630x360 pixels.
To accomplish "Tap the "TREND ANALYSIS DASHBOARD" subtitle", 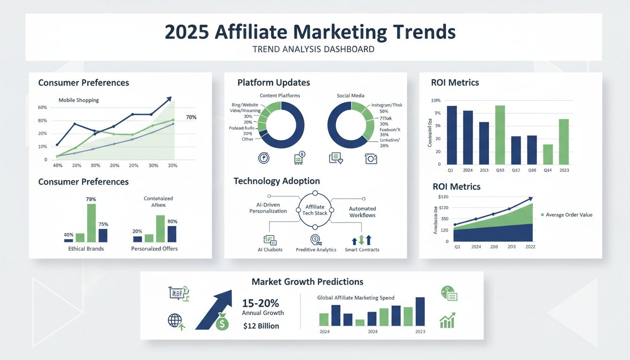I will (314, 49).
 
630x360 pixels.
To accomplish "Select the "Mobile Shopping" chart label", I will (79, 100).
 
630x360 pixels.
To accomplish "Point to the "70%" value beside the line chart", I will (191, 117).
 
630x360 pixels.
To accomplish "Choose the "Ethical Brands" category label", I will (86, 248).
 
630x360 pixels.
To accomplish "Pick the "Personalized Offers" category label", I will (154, 248).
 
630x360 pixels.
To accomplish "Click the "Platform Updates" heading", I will (273, 82).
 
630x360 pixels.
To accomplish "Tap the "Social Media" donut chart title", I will (351, 96).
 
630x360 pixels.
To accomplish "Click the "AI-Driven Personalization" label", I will (268, 208).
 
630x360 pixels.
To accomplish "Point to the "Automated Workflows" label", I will (362, 212).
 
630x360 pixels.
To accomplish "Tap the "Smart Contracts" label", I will (361, 250).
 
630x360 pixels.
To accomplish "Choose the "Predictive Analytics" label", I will (316, 250).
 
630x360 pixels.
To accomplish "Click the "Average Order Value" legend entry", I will (569, 215).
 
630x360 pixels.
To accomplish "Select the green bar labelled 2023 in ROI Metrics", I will (564, 142).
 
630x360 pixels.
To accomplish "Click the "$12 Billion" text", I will (261, 326).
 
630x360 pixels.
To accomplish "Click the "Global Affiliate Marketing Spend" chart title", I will (356, 298).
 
